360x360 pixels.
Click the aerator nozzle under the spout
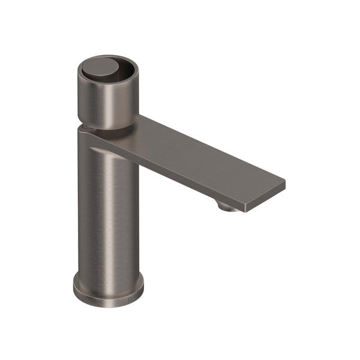coord(227,206)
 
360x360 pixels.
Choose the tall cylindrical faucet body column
coord(108,210)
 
